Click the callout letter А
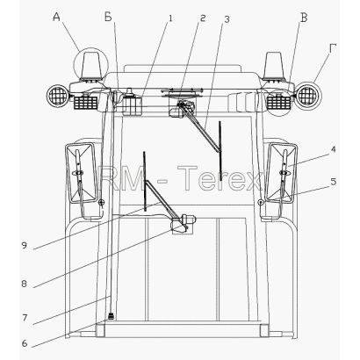click(x=56, y=18)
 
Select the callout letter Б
click(x=108, y=18)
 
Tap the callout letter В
click(x=304, y=18)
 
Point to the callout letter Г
click(x=332, y=48)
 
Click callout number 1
click(x=170, y=18)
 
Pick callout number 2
click(x=203, y=18)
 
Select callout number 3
click(x=227, y=19)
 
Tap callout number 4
click(x=333, y=149)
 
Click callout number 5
click(x=333, y=182)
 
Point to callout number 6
click(x=25, y=343)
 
